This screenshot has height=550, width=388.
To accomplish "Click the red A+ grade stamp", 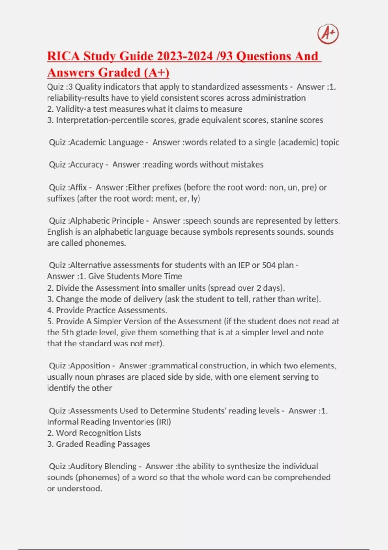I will point(328,34).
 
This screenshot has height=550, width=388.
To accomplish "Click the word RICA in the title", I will point(63,56).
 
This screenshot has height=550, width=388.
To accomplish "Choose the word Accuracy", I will point(87,165).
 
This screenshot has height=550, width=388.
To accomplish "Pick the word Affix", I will point(79,187).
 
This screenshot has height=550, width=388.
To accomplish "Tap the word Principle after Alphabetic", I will point(127,221).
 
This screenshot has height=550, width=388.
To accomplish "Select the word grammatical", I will point(174,366).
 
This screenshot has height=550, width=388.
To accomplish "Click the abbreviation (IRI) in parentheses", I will point(164,422).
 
